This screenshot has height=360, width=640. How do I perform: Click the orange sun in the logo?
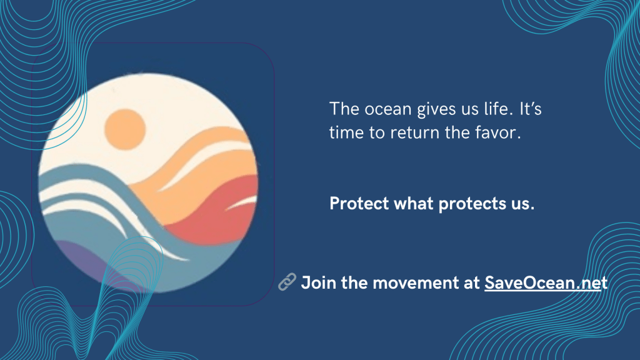click(125, 129)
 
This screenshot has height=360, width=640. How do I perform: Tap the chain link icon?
click(287, 282)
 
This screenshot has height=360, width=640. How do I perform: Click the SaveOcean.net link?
click(546, 283)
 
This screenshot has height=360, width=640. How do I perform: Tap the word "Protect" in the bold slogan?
click(359, 203)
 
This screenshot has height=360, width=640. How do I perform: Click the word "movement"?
click(416, 283)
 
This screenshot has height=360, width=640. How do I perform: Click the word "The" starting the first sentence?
click(344, 109)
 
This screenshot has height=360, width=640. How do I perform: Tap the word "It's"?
click(531, 109)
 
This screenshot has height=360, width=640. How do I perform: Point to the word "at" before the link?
click(471, 283)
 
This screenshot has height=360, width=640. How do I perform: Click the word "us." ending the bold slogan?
click(523, 204)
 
